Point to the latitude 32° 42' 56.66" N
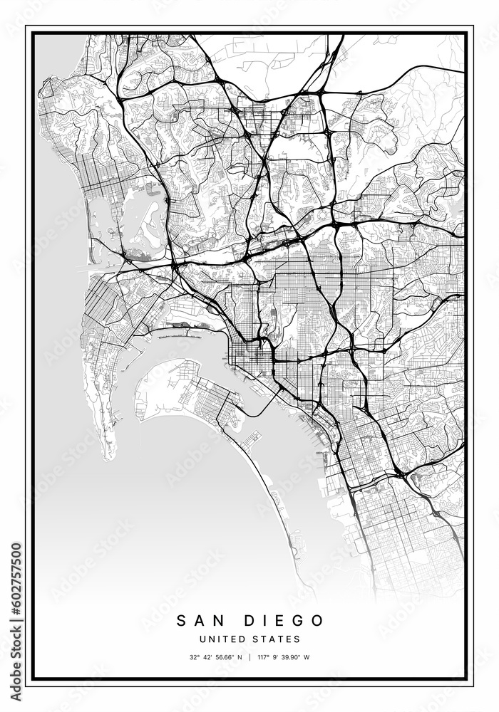[x=215, y=657]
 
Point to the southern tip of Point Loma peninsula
[x=109, y=456]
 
